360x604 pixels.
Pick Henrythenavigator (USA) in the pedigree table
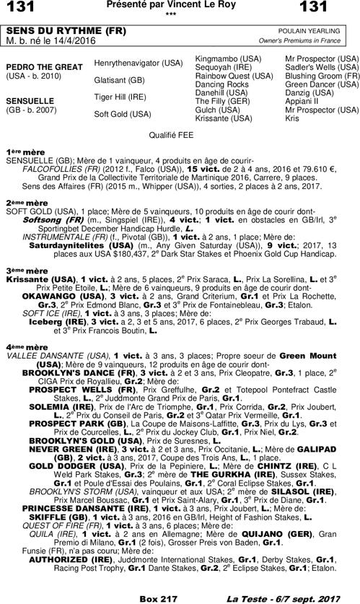click(139, 64)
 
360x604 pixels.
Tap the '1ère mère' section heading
click(23, 151)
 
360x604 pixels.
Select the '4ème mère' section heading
click(23, 347)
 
